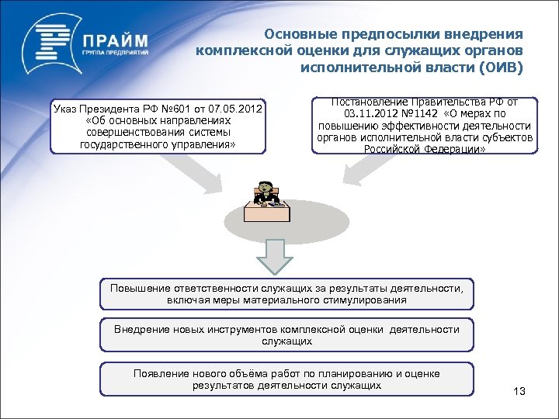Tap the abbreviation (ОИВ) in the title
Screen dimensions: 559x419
tap(502, 68)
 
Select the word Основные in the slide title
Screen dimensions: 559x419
tap(293, 34)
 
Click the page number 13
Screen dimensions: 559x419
tap(519, 392)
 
